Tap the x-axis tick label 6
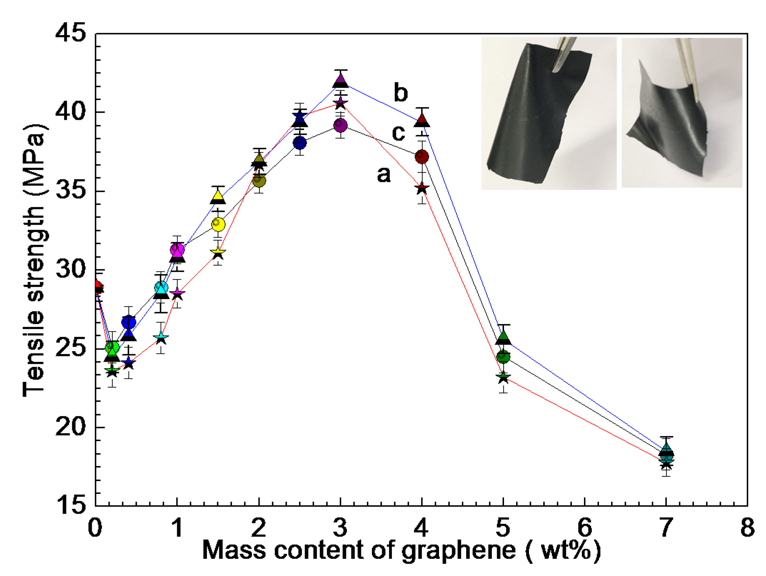pos(585,527)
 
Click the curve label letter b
pos(400,92)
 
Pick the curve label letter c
pos(398,133)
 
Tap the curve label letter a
pos(384,174)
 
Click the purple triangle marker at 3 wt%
pos(341,80)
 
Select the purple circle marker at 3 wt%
pos(341,125)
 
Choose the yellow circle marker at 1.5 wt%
pos(218,224)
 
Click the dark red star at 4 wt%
pos(422,188)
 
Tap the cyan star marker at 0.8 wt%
pos(161,337)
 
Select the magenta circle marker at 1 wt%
pos(177,250)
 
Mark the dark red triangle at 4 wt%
pos(422,120)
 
